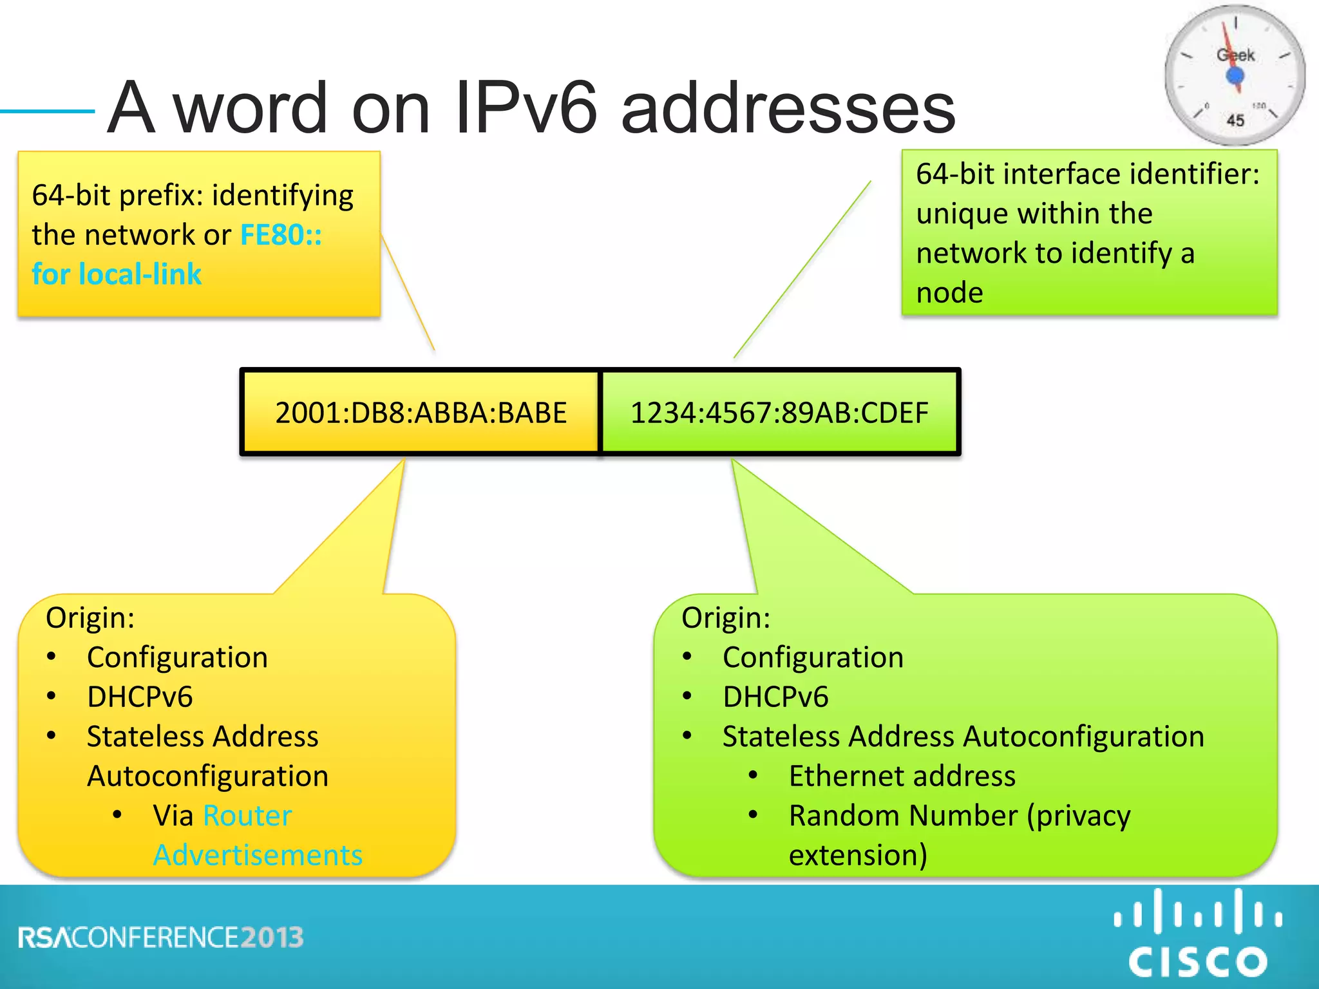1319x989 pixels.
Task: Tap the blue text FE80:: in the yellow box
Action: (281, 235)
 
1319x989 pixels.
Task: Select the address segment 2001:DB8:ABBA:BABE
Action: (421, 413)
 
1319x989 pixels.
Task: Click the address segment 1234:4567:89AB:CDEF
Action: (779, 413)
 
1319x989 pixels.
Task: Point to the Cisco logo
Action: (1198, 934)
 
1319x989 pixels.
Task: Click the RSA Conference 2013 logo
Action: (161, 937)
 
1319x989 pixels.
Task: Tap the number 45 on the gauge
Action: (1235, 120)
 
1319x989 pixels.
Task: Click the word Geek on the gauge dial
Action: (1235, 55)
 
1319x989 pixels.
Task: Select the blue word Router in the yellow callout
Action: (247, 816)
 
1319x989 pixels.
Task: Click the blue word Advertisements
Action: (258, 855)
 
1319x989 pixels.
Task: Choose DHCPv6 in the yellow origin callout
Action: (140, 697)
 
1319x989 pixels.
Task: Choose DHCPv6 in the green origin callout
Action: (775, 697)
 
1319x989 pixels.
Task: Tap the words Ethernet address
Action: (902, 776)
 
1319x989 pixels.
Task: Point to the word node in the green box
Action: (949, 293)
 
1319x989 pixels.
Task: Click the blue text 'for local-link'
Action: (117, 274)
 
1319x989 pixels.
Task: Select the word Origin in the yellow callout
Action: (90, 617)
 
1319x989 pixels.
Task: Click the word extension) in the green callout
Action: (858, 855)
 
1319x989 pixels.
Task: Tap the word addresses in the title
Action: (788, 108)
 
